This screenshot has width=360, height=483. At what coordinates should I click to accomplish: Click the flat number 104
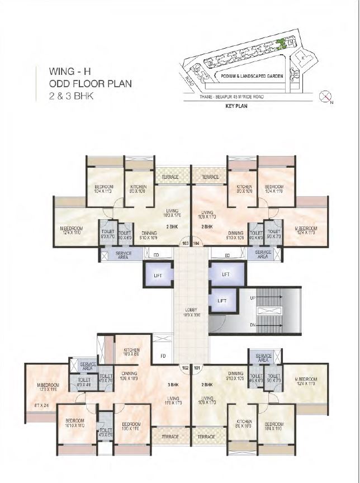[196, 244]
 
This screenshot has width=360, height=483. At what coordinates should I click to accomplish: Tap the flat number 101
[196, 368]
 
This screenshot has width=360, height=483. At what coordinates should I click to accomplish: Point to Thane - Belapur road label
[232, 97]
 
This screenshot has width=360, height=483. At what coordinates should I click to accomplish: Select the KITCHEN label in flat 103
[139, 188]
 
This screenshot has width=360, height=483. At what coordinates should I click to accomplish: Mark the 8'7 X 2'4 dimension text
[42, 404]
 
